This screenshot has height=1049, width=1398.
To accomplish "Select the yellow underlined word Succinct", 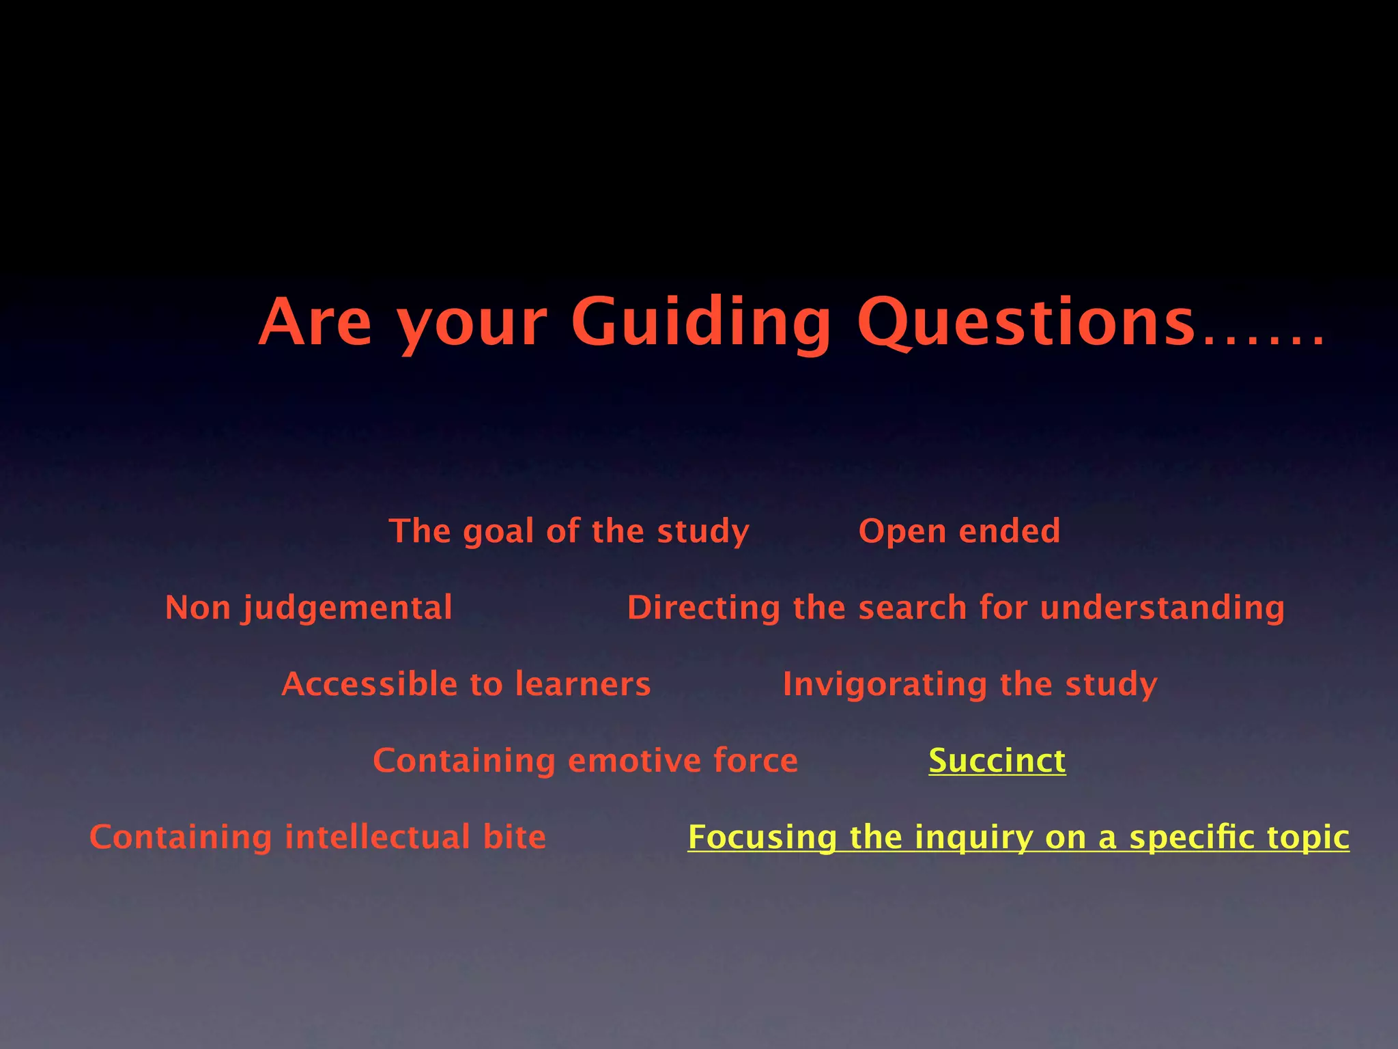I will [x=997, y=761].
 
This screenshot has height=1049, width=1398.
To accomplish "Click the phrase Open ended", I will [x=959, y=531].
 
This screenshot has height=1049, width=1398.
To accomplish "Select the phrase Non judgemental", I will [x=309, y=608].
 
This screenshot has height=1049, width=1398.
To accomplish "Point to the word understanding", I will [x=1162, y=608].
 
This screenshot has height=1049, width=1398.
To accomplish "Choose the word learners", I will [x=583, y=684].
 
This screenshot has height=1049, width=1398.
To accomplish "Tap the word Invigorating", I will [x=885, y=684].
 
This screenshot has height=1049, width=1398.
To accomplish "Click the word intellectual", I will [x=377, y=837].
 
